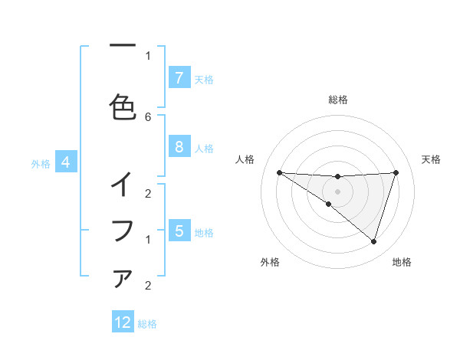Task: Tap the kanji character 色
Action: click(123, 106)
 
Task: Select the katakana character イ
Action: click(123, 184)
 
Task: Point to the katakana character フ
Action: click(123, 230)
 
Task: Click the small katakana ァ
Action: click(123, 279)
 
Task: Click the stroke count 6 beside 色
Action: click(148, 116)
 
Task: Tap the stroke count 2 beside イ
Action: click(148, 194)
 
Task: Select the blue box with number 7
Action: click(179, 77)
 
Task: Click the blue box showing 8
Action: click(179, 147)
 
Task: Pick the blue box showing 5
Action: click(179, 231)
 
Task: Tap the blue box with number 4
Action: click(66, 162)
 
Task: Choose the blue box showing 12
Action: click(123, 322)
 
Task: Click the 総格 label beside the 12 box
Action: click(147, 324)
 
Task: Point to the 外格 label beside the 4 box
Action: click(41, 163)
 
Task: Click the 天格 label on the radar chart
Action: click(432, 159)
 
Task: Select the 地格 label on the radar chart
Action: click(402, 262)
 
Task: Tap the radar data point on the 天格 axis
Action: click(396, 172)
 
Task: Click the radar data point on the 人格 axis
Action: click(279, 172)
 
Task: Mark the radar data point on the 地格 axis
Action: click(373, 241)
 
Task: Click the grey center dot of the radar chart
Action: click(337, 191)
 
